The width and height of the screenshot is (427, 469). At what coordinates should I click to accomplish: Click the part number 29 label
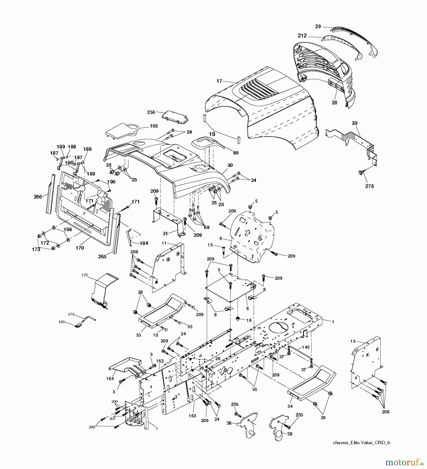318,27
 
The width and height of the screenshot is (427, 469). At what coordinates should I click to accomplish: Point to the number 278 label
369,186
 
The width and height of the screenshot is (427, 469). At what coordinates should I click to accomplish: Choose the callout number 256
151,112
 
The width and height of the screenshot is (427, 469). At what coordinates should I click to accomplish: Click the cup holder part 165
123,131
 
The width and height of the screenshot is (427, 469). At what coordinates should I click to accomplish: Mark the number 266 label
38,197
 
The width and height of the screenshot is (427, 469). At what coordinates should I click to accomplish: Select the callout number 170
80,248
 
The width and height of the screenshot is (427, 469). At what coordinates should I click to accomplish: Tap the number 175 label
85,275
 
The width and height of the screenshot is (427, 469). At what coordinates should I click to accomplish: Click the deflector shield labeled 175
103,291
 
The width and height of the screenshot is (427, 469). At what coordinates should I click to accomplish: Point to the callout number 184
144,243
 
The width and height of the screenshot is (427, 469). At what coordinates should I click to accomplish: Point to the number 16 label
249,320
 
